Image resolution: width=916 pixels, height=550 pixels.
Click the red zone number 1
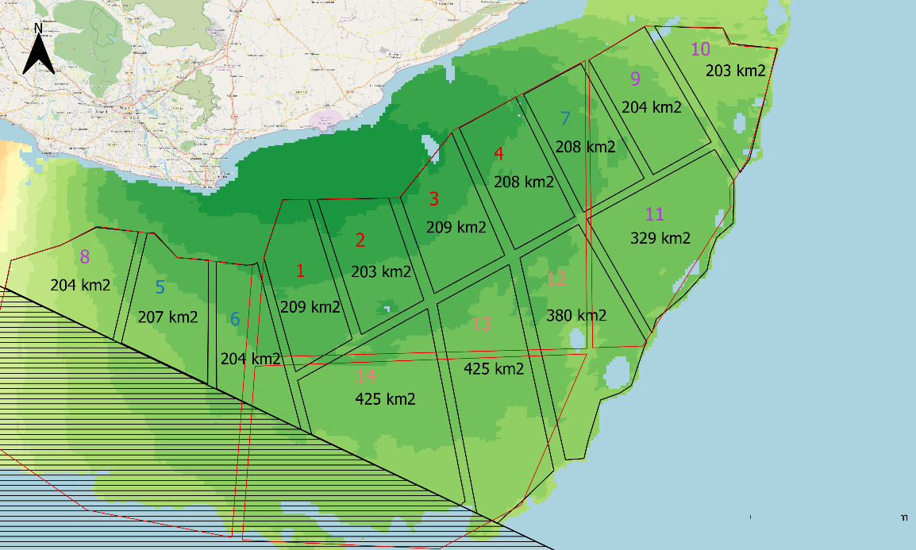(300, 271)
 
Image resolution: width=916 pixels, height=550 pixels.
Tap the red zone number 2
(360, 240)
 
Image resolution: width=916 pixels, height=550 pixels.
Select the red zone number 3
(433, 198)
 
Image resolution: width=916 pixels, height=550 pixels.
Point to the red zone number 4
(499, 153)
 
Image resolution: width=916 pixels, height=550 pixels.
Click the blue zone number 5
(160, 287)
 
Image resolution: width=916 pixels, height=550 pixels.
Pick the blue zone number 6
(235, 319)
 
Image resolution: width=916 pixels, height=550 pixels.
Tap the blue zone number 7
(565, 119)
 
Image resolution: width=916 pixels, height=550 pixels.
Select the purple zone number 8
(85, 256)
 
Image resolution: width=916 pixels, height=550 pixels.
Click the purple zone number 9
(634, 79)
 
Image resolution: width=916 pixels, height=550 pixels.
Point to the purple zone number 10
(700, 49)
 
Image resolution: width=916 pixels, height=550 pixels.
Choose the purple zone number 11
(655, 214)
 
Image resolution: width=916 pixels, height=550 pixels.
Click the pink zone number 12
(557, 279)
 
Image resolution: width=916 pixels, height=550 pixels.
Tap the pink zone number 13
(482, 324)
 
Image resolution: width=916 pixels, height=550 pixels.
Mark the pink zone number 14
(366, 376)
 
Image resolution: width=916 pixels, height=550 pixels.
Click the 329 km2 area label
(660, 238)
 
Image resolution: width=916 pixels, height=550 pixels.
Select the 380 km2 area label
(576, 315)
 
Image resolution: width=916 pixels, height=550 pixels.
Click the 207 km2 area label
(167, 317)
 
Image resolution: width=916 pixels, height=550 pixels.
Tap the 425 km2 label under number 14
(385, 398)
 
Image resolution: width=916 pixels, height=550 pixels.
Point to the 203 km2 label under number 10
(736, 71)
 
